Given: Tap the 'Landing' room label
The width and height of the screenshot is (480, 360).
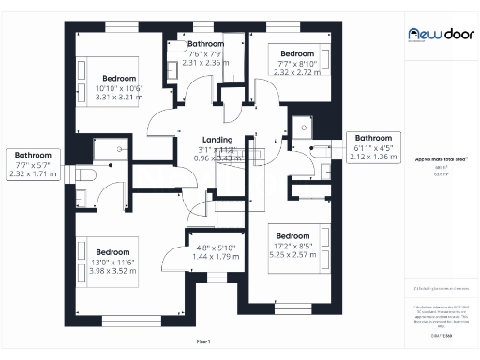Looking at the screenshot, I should [191, 140].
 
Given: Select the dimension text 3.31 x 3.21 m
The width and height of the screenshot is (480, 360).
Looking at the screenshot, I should [119, 97].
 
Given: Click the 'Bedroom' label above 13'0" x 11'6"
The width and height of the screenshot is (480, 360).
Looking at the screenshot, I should [112, 251].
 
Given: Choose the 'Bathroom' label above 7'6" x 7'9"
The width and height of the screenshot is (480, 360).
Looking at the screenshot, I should [205, 44].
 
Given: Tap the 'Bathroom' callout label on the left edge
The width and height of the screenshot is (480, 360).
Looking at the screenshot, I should [32, 155].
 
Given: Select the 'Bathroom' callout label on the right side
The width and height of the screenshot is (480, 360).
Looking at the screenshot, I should [372, 138].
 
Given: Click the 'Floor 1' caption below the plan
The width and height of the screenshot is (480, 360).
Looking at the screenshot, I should [203, 341].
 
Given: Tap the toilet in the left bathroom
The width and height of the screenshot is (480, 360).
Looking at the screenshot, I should [82, 175].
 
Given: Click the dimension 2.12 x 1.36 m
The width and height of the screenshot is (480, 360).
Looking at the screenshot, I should [372, 157].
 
